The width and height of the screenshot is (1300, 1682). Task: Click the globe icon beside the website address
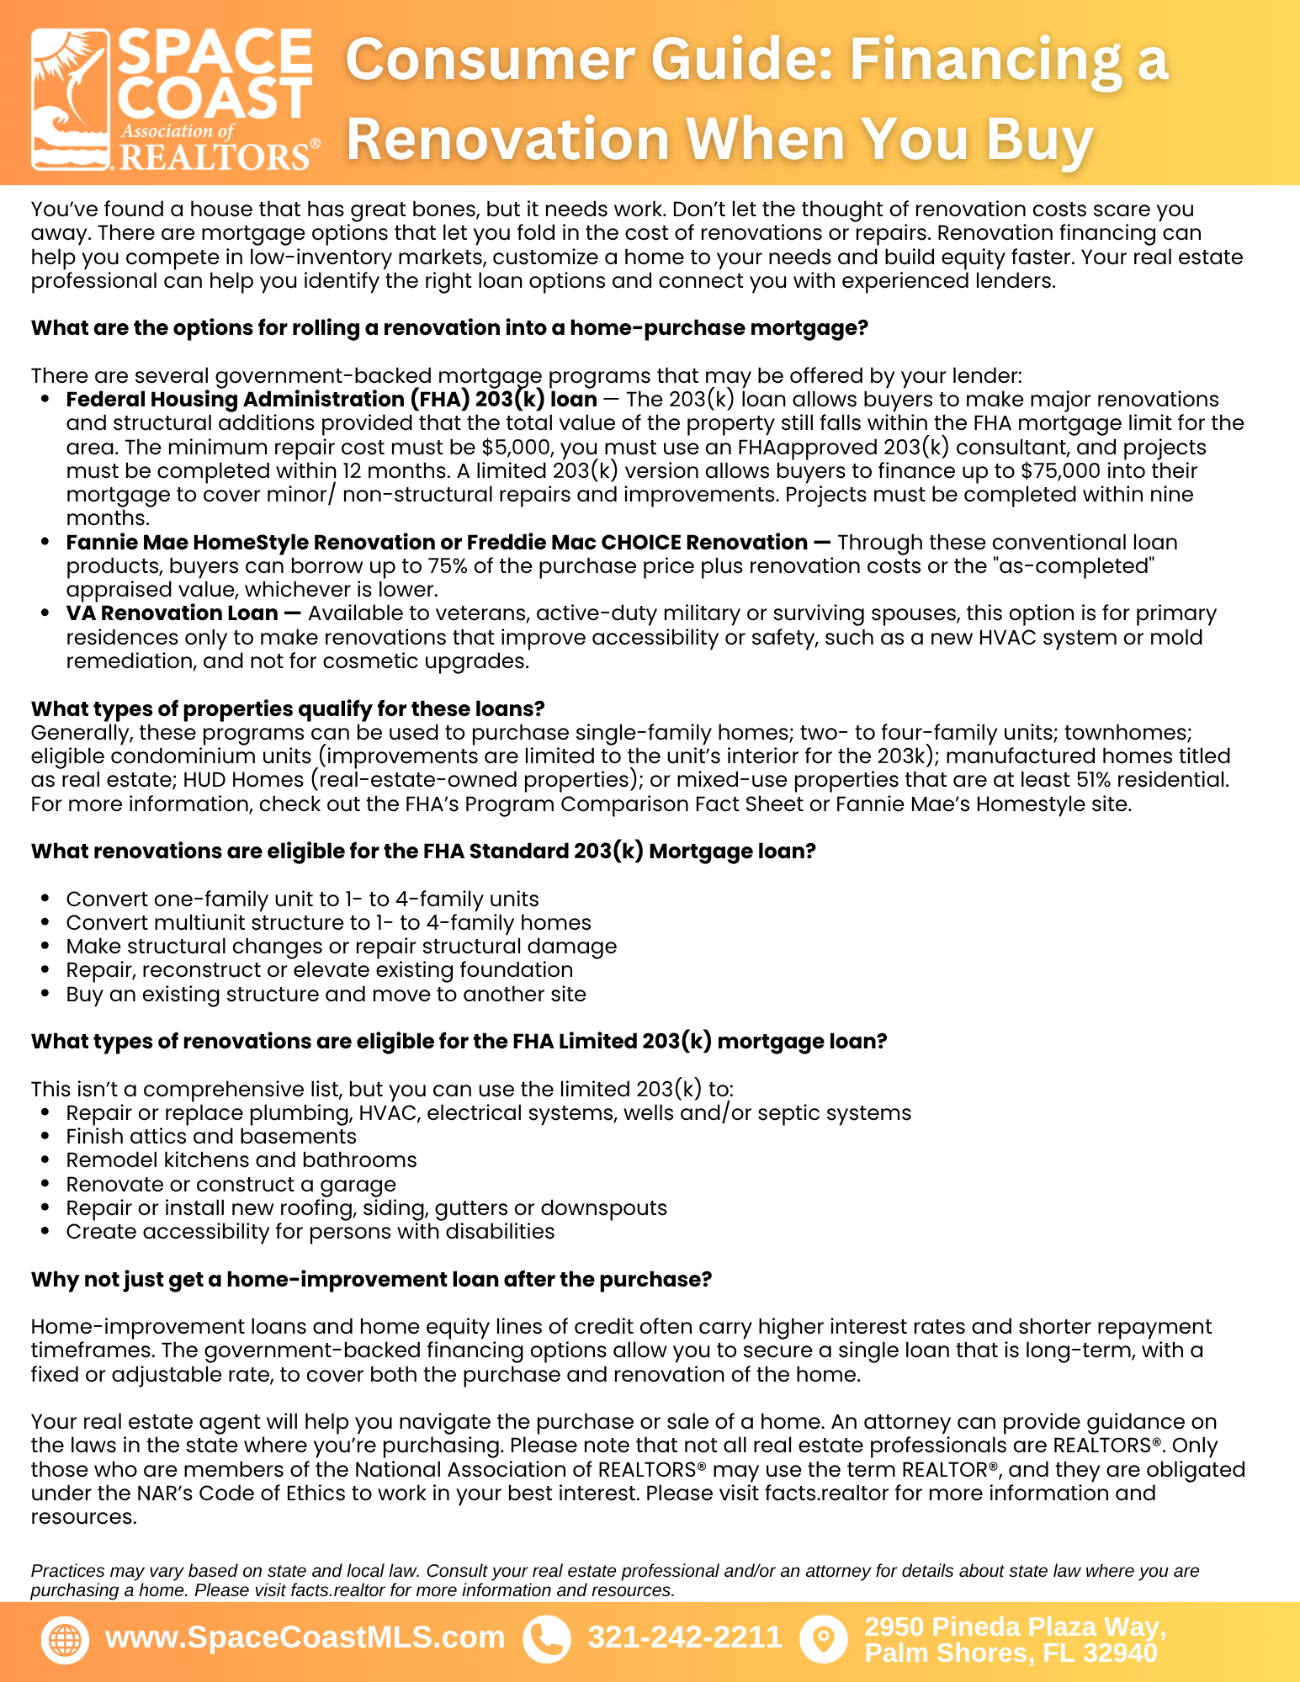point(65,1639)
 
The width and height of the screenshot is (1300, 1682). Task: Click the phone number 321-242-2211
point(685,1637)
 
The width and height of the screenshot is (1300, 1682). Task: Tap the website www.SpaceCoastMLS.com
point(305,1637)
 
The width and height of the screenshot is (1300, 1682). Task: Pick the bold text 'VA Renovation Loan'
point(172,613)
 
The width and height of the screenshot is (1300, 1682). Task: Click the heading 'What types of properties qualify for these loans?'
point(288,708)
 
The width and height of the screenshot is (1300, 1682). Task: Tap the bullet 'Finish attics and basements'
point(211,1137)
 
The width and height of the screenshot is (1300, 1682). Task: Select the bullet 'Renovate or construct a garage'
point(231,1184)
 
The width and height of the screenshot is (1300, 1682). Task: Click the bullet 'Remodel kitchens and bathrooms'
point(241,1160)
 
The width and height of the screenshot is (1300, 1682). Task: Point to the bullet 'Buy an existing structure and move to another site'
point(326,994)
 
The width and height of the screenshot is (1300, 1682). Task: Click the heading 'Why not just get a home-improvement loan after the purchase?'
point(371,1280)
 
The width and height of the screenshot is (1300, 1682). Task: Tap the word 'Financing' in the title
point(985,61)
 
